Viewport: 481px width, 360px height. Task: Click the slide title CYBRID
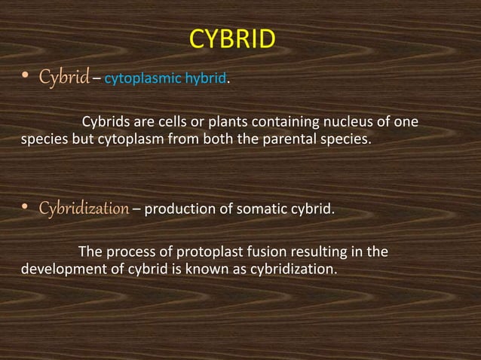coord(231,39)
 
